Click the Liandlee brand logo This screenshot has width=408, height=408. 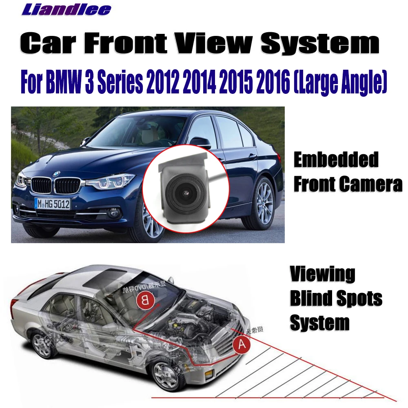coord(66,9)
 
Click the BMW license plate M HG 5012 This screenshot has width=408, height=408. coord(52,203)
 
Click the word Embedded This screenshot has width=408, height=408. coord(336,160)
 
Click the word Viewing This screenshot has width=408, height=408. coord(322,274)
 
